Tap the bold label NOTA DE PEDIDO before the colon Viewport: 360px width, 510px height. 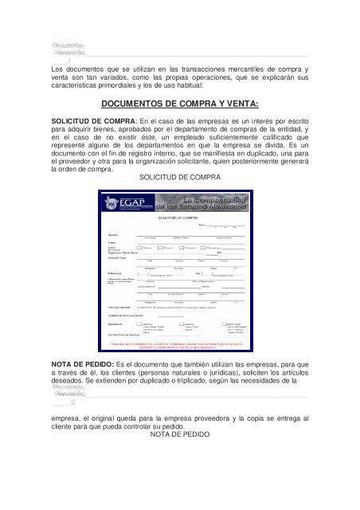76,340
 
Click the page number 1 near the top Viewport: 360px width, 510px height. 71,61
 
